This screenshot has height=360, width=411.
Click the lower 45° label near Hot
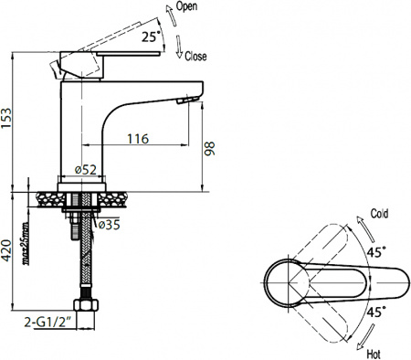pos(374,311)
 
